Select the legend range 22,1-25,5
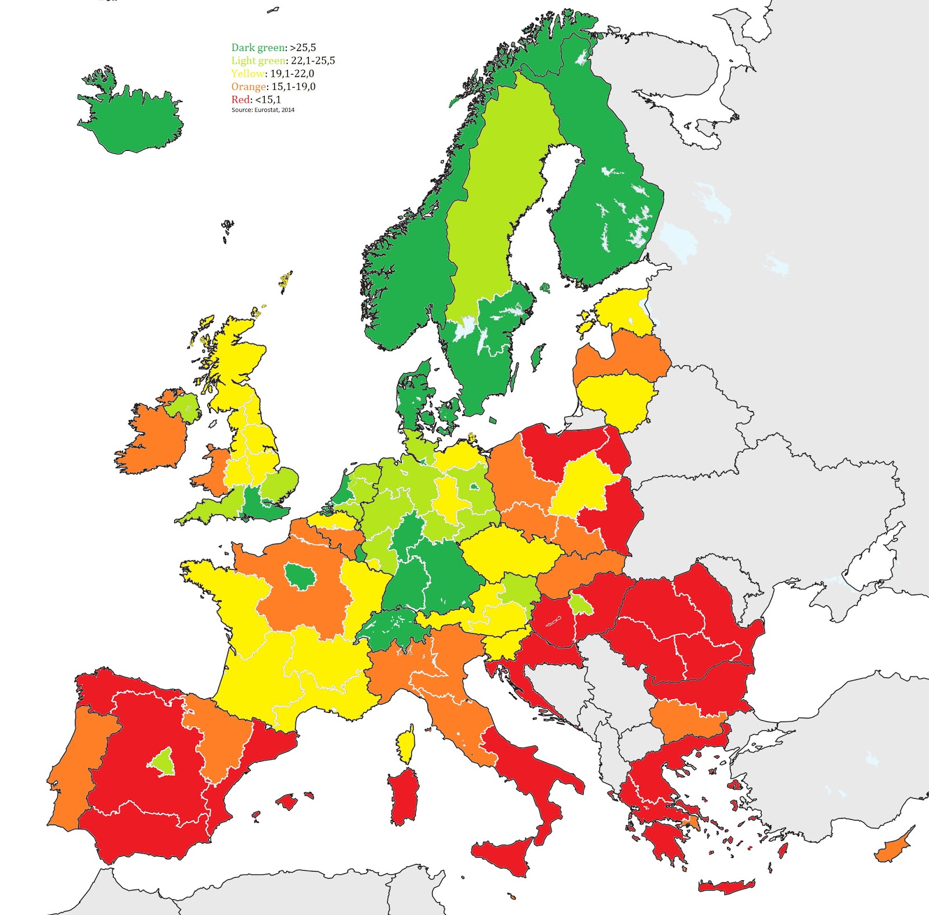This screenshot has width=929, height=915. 312,60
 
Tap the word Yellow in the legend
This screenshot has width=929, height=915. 248,74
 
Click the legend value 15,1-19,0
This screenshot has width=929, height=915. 293,87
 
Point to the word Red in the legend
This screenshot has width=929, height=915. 241,99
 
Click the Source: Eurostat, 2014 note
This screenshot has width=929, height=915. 262,110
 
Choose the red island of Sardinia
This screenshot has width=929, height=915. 403,795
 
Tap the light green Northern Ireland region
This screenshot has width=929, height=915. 185,406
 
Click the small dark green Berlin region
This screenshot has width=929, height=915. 474,487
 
